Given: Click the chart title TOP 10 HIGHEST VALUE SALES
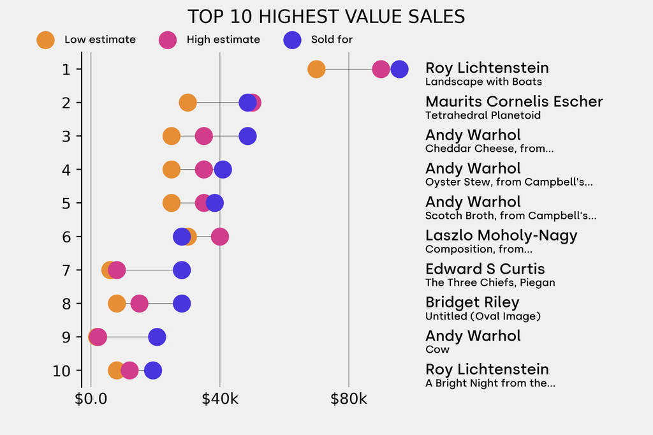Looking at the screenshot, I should pos(326,17).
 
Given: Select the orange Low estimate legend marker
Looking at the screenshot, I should pos(46,40).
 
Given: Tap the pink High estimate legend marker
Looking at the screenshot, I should pos(168,40).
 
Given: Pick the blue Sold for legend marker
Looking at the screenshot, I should pos(291,40).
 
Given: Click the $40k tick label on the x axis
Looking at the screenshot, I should pos(220,400).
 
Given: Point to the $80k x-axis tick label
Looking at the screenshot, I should pos(349,400).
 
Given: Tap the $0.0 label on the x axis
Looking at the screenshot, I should pos(91,400).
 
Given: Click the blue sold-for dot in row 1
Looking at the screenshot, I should pos(399,69).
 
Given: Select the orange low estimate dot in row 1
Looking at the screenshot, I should pos(316,69).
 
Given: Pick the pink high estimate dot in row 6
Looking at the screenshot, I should pos(220,237).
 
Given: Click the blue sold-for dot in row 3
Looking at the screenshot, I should pos(247,136).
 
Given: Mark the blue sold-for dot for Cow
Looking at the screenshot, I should pos(157,337).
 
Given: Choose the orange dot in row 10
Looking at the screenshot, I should pos(115,371).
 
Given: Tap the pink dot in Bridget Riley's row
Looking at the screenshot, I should pos(139,304).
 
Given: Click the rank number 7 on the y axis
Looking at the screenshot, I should pos(66,270).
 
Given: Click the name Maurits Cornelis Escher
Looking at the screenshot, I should pos(514,101).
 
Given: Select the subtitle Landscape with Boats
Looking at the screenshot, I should pos(483,82).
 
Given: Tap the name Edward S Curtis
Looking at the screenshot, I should pos(485,269).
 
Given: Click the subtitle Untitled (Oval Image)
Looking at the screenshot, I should pos(483,316).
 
